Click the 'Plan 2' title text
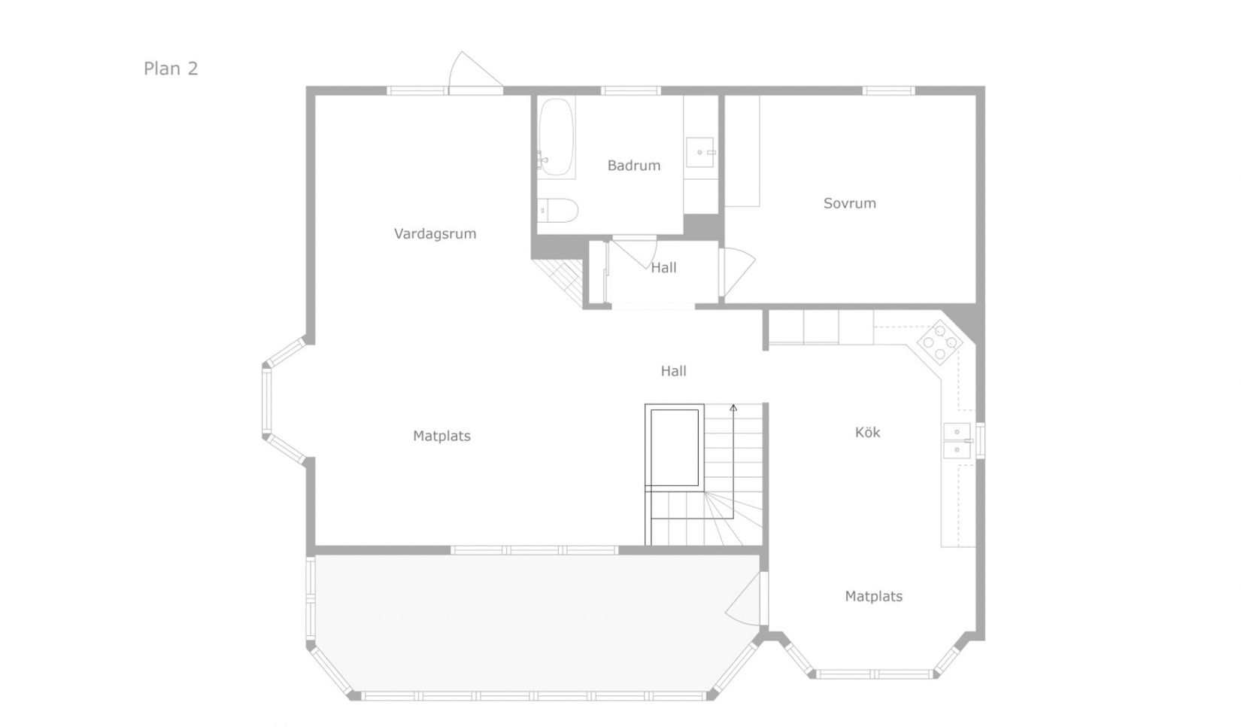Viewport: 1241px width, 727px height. tap(171, 68)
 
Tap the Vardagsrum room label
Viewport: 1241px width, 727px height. tap(435, 233)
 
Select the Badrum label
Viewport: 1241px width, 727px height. tap(633, 166)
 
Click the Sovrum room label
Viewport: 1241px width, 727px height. tap(849, 203)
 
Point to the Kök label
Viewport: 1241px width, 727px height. tap(867, 432)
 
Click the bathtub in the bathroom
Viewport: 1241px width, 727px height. tap(557, 138)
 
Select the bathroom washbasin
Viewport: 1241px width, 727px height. tap(701, 151)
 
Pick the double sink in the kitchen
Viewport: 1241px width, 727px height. tap(957, 440)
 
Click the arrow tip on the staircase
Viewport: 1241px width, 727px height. tap(733, 407)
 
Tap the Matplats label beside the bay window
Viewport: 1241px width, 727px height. tap(441, 436)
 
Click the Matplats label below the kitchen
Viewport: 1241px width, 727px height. tap(873, 596)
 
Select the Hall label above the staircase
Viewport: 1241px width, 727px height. tap(673, 370)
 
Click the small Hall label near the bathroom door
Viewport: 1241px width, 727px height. tap(663, 267)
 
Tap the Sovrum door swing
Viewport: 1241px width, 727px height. tap(739, 270)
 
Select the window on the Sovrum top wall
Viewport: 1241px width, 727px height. tap(888, 90)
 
